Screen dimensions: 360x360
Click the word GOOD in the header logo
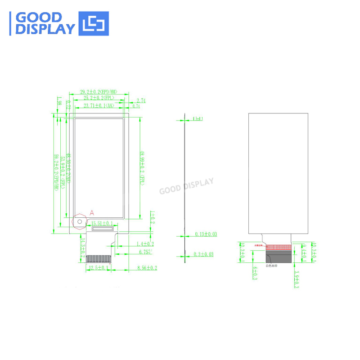point(38,17)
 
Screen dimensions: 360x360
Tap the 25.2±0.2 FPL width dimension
point(96,98)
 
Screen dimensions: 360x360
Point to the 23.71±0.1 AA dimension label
point(99,106)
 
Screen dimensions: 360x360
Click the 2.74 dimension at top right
point(141,101)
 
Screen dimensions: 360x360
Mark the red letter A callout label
point(92,211)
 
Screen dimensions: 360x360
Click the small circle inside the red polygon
point(80,221)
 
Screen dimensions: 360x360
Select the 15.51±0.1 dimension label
point(102,223)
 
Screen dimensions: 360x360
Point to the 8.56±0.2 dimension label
point(147,268)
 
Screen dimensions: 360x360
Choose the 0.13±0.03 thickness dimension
point(205,234)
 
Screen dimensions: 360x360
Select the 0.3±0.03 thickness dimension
point(204,254)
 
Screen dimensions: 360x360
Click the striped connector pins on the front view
point(98,259)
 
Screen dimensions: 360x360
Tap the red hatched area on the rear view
point(279,247)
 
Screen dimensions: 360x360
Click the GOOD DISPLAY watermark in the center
point(186,186)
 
